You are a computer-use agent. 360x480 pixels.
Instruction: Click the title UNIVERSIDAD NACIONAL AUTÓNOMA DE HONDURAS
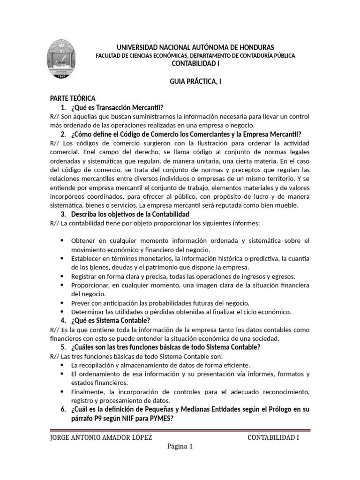coord(195,47)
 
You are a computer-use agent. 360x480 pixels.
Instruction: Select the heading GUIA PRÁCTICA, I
coord(195,81)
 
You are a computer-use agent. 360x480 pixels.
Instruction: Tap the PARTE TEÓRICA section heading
coord(73,98)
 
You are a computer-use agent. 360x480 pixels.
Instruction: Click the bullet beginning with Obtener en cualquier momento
coord(190,240)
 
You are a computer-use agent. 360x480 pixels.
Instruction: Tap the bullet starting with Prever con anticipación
coord(160,303)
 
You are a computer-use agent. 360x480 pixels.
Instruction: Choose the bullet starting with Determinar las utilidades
coord(181,312)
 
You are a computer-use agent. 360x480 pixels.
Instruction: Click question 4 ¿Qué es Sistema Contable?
coord(111,321)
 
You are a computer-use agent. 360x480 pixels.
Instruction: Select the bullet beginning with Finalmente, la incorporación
coord(190,391)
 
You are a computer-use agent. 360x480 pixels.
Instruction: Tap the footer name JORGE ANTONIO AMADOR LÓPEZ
coord(101,438)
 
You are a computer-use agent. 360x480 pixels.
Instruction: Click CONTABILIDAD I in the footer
coord(273,438)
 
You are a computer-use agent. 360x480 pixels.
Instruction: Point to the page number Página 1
coord(180,446)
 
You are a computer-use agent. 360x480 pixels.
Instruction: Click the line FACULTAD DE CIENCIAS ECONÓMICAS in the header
coord(195,55)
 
